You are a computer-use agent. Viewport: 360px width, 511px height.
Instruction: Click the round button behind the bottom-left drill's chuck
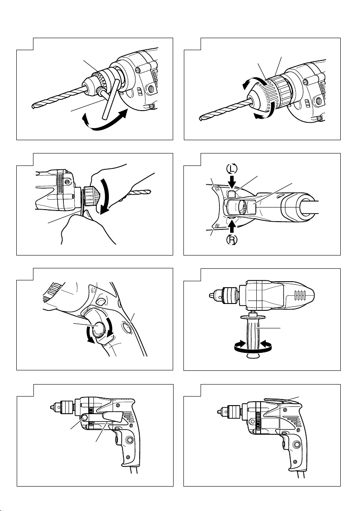tap(84, 418)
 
